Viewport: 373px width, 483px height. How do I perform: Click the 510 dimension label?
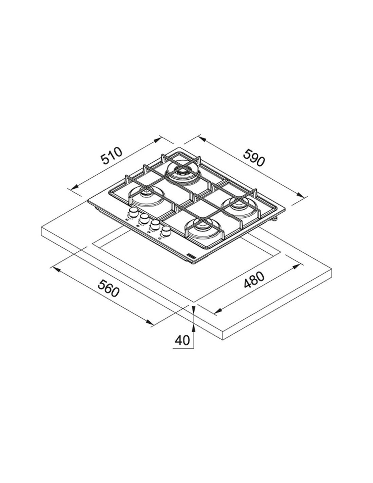pyautogui.click(x=112, y=156)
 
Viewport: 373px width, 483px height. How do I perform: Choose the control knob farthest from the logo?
pyautogui.click(x=133, y=212)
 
